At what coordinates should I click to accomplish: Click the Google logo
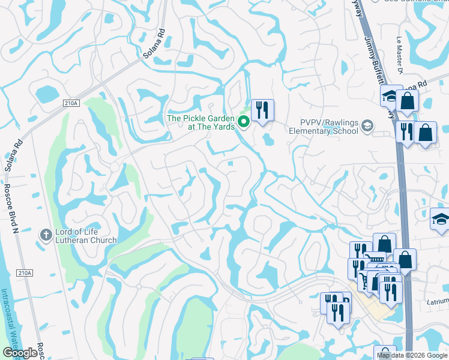pos(19,353)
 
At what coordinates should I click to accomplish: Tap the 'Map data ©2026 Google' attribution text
pos(412,355)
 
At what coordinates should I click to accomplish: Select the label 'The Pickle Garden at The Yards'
pos(200,122)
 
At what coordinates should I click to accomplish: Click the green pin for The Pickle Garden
pos(244,122)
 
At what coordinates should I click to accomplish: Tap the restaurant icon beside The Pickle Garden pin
pos(262,110)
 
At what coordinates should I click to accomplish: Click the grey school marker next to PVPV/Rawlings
pos(367,126)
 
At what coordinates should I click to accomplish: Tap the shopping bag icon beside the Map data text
pos(385,354)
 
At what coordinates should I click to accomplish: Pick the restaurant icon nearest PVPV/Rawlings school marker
pos(406,133)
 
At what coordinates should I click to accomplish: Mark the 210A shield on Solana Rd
pos(70,103)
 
